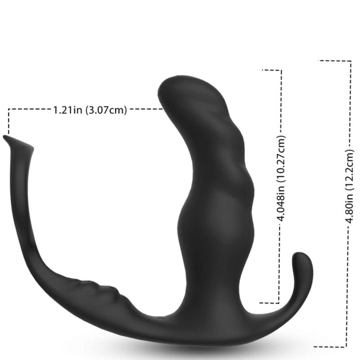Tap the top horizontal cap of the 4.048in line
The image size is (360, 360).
pyautogui.click(x=272, y=70)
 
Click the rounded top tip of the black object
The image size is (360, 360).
pyautogui.click(x=180, y=81)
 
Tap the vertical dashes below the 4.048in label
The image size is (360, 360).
pyautogui.click(x=281, y=265)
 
